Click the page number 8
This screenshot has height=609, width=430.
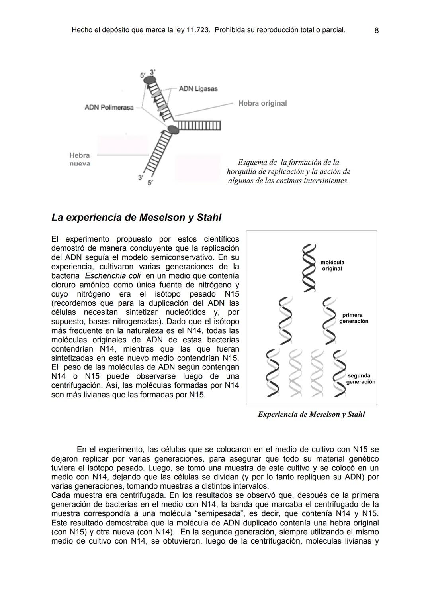[377, 30]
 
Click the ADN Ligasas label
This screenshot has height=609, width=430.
[198, 88]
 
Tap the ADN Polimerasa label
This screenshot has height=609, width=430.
[109, 108]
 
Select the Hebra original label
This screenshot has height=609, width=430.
[262, 103]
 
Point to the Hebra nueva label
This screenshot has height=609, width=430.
[80, 159]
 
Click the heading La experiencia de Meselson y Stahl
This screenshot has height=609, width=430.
[136, 218]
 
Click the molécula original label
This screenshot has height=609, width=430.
[332, 265]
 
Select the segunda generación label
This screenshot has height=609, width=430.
[360, 379]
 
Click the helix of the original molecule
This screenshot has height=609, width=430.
[308, 268]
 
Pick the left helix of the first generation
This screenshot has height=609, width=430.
[285, 320]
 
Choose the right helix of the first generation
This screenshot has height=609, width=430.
[330, 320]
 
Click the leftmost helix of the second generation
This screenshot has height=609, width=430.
[272, 373]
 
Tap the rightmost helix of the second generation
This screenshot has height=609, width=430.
[339, 373]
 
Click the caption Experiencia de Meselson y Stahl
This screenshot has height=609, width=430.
[311, 415]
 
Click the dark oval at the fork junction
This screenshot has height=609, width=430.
[173, 130]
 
